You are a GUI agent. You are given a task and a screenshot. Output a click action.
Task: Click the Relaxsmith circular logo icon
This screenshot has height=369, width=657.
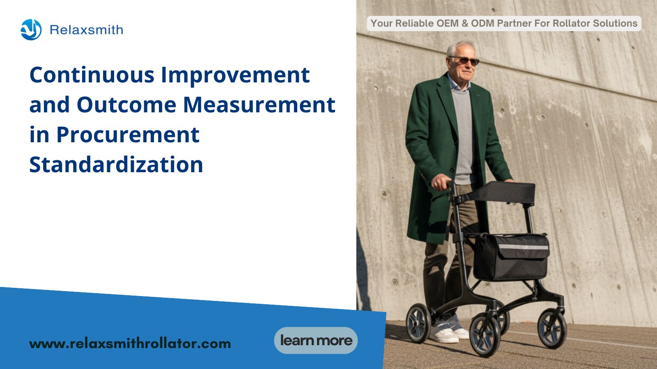[x=31, y=30]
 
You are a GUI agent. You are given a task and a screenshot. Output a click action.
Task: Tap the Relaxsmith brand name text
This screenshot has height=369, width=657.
[x=87, y=30]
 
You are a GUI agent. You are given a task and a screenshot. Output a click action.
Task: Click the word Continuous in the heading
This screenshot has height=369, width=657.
[x=92, y=75]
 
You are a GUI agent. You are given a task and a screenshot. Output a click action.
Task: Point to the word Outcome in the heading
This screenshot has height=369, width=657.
[x=126, y=105]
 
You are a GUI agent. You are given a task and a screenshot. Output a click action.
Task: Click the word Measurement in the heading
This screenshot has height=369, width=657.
[x=259, y=105]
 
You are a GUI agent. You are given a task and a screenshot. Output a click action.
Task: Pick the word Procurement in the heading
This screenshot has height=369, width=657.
[x=128, y=135]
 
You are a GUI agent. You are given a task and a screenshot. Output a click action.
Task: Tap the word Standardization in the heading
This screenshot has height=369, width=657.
[x=116, y=164]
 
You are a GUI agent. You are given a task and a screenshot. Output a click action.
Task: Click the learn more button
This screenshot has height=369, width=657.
[x=316, y=340]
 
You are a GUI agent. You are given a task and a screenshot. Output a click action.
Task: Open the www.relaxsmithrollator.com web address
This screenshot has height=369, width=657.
[x=130, y=344]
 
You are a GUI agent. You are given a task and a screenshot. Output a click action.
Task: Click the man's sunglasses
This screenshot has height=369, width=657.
[x=466, y=60]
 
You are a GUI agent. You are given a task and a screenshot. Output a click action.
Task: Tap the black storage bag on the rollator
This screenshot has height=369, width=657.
[x=511, y=257]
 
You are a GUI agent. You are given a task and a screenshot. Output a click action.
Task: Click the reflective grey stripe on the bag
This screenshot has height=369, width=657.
[x=524, y=247]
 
